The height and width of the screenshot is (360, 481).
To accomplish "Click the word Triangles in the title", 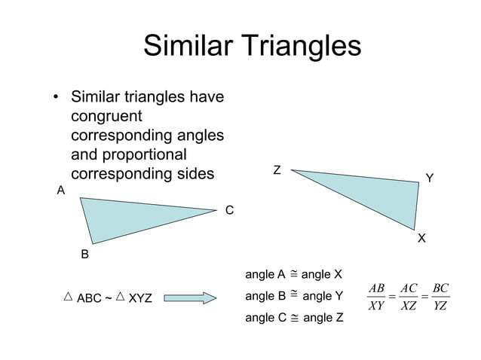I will (302, 47).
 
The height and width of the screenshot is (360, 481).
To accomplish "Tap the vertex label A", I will (61, 191).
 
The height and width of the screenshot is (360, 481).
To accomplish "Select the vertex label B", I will (85, 255).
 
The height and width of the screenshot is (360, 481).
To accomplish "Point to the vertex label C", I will (230, 210).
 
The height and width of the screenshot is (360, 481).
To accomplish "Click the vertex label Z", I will (277, 170).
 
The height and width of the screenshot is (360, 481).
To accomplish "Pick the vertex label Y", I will (430, 178).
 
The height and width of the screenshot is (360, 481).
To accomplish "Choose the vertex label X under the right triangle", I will (421, 238).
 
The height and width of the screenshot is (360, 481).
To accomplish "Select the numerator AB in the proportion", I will (377, 288).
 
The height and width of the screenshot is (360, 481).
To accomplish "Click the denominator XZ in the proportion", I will (409, 306).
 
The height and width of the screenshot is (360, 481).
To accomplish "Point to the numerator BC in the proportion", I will (441, 288).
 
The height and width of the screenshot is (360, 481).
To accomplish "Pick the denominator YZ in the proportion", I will (441, 306).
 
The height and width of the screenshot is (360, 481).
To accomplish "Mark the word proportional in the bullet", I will (139, 154).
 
